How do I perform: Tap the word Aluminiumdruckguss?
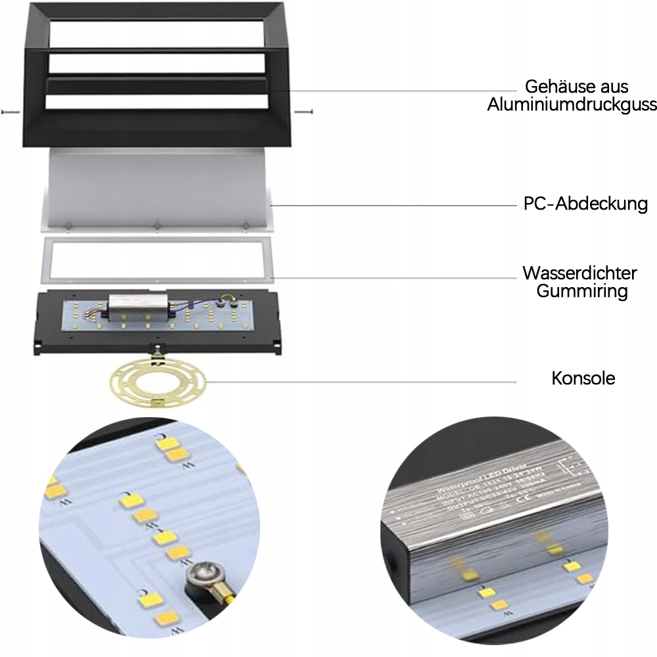tap(572, 104)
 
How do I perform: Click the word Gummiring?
tap(581, 290)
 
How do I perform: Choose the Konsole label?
tap(583, 378)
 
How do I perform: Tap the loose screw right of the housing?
tap(304, 112)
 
